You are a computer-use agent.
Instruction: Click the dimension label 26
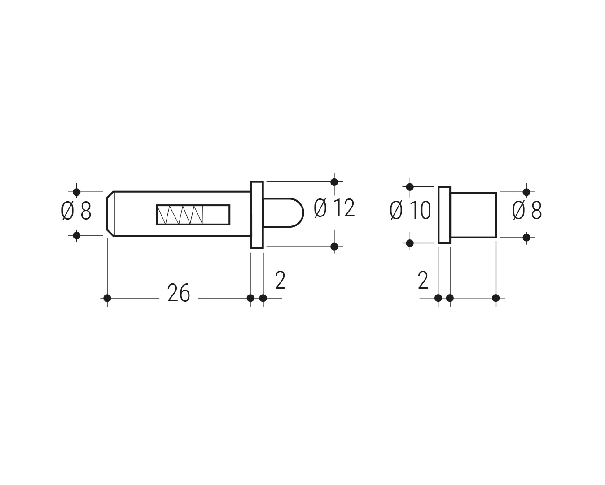click(179, 293)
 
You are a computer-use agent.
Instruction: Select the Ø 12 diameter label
click(334, 208)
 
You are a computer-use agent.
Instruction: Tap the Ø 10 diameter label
click(411, 210)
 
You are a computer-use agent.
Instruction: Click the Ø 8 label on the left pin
click(76, 210)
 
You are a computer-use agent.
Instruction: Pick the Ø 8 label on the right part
click(527, 210)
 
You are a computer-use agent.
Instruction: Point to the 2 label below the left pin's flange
click(281, 280)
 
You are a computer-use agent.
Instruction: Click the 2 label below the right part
click(423, 280)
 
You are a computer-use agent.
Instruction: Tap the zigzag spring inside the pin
click(180, 215)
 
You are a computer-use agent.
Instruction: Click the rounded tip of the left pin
click(284, 213)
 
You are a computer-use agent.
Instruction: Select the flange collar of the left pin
click(257, 215)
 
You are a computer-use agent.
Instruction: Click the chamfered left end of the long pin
click(110, 214)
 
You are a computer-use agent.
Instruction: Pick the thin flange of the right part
click(444, 215)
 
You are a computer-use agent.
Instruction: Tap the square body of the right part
click(473, 215)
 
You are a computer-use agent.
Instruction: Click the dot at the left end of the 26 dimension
click(107, 298)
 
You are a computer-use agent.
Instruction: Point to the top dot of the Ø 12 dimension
click(334, 182)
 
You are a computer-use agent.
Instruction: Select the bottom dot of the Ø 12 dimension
click(334, 247)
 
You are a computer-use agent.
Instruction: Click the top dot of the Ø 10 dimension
click(410, 186)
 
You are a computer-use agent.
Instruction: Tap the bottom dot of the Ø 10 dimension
click(410, 243)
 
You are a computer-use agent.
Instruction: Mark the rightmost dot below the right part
click(496, 298)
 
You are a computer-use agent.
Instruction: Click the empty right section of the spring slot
click(216, 215)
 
